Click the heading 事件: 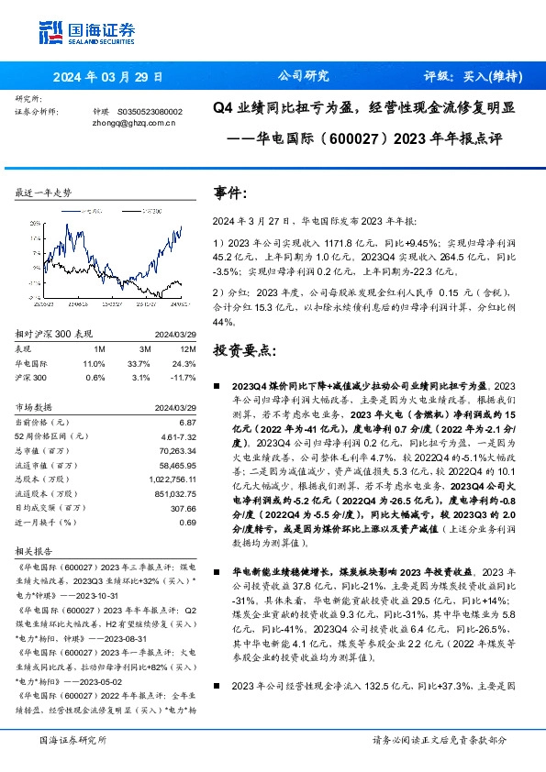coord(230,194)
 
